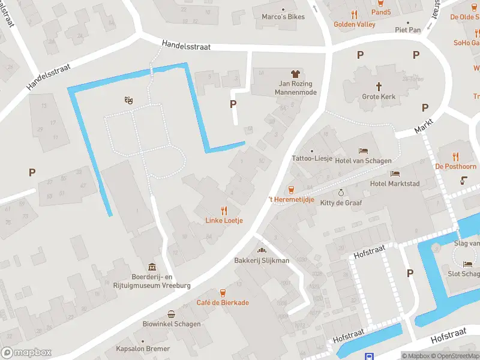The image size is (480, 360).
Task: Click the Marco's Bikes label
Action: tap(283, 16)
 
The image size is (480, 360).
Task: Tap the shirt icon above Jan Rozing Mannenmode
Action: tap(295, 74)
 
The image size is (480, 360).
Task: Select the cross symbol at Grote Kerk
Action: tap(379, 86)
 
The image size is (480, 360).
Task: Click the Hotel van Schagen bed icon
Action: tap(363, 151)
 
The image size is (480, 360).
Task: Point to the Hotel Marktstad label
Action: tap(396, 184)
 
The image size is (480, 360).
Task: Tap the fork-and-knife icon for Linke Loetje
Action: tap(224, 211)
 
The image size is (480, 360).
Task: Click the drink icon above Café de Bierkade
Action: tap(223, 293)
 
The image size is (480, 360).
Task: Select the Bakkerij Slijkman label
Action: tap(262, 260)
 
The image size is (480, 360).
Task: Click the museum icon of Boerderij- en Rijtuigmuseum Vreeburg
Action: tap(152, 267)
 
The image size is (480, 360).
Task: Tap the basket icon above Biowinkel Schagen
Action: tap(172, 314)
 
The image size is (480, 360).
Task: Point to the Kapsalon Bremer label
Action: tap(143, 349)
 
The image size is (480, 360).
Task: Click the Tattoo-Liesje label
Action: tap(311, 159)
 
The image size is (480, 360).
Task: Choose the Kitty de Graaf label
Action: tap(341, 203)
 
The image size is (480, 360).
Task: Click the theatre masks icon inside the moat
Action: tap(128, 101)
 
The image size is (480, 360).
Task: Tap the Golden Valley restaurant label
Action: tap(355, 25)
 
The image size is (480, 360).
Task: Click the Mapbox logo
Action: tap(26, 353)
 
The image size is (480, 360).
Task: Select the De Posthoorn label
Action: tap(455, 166)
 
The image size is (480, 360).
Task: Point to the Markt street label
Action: tap(424, 126)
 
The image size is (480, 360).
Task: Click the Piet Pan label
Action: tap(407, 29)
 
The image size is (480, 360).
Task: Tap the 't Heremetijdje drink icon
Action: tap(292, 189)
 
